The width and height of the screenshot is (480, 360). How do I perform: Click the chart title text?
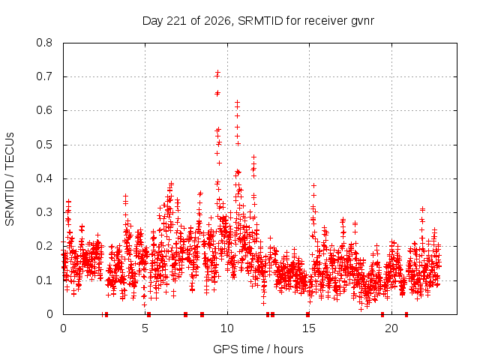pos(258,21)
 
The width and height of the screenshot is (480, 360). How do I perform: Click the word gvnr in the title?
pos(363,22)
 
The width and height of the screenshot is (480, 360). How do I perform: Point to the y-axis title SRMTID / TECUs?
pos(10,179)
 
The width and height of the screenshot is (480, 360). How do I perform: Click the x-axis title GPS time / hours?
pos(258,349)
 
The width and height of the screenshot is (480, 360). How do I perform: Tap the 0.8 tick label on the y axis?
pos(44,43)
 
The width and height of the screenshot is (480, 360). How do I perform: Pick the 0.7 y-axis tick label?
pos(44,76)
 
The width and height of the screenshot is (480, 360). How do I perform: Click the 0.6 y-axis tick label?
pos(44,110)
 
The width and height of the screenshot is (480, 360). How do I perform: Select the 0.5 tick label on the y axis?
pos(44,145)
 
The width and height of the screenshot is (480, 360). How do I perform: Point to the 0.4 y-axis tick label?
pos(44,178)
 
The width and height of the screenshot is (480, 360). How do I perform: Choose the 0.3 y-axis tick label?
pos(44,212)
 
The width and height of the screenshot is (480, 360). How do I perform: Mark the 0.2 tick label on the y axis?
pos(44,246)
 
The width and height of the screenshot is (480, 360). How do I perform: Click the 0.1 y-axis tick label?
pos(44,280)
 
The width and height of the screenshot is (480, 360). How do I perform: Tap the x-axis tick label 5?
pos(145,328)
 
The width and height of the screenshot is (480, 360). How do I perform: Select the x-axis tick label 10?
pos(227,328)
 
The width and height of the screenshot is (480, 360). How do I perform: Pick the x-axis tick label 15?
pos(309,328)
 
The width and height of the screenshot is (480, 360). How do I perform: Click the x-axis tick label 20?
pos(391,328)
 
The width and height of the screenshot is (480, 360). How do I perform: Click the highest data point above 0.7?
pos(218,73)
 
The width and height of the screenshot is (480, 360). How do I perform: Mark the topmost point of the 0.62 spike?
pos(237,102)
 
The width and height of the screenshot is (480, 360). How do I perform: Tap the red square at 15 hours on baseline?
pos(307,314)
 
